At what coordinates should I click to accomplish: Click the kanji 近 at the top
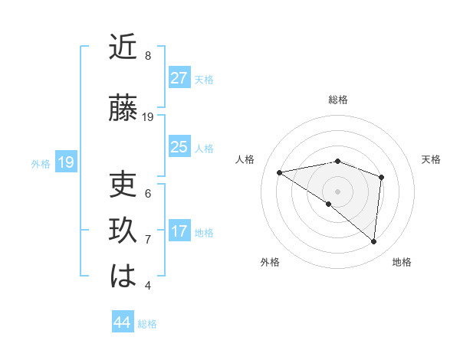[x=124, y=48]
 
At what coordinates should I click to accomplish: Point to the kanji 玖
[x=124, y=231]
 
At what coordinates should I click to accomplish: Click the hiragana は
[x=124, y=277]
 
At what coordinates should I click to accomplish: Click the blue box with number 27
[x=179, y=78]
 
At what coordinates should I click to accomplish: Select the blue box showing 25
[x=179, y=147]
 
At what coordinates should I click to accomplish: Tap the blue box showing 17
[x=179, y=231]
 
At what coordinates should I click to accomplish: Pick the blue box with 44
[x=122, y=322]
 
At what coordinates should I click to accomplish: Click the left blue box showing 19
[x=66, y=162]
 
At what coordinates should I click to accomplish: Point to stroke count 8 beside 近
[x=148, y=56]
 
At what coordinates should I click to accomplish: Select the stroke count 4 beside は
[x=148, y=286]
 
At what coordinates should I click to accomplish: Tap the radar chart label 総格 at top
[x=338, y=100]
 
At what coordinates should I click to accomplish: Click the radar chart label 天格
[x=431, y=159]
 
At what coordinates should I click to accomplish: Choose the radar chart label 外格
[x=270, y=263]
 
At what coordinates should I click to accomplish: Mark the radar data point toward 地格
[x=374, y=242]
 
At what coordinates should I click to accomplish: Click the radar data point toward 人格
[x=279, y=172]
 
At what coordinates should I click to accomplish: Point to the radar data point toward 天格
[x=381, y=177]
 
